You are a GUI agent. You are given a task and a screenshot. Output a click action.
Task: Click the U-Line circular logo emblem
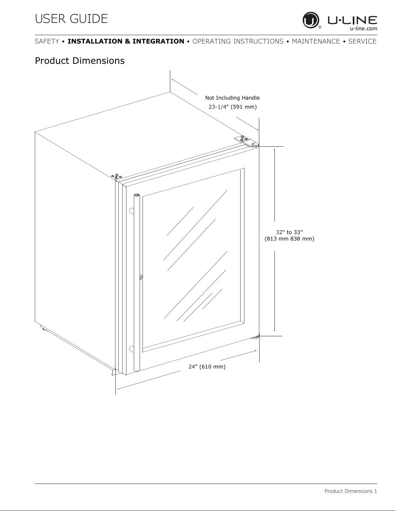click(311, 20)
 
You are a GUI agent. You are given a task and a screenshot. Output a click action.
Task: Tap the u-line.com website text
click(363, 29)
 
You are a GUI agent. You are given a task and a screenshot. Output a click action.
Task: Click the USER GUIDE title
click(71, 19)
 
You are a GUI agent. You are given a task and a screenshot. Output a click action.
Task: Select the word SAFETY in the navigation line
click(47, 41)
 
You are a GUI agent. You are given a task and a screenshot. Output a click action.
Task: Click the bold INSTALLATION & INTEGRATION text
click(126, 41)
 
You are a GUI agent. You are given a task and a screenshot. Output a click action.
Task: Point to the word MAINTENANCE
click(316, 41)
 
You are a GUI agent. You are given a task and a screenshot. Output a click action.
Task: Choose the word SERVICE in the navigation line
click(362, 41)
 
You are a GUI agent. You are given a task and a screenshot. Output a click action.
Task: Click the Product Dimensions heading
click(80, 61)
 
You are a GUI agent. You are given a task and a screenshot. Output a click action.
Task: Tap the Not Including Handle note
click(232, 98)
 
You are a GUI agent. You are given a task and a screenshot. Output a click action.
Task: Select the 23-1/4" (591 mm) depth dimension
click(233, 107)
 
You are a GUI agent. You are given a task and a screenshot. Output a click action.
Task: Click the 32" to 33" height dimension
click(290, 232)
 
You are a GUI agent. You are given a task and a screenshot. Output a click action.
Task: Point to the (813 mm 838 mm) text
click(290, 239)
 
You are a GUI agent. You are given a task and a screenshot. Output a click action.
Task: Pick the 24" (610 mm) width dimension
click(207, 367)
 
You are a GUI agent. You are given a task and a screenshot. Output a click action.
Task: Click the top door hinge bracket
click(247, 141)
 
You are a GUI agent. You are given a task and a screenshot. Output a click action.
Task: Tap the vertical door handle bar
click(137, 282)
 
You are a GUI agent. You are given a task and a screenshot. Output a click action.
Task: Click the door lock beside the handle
click(141, 277)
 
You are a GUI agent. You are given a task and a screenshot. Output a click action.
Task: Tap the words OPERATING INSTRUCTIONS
click(238, 41)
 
